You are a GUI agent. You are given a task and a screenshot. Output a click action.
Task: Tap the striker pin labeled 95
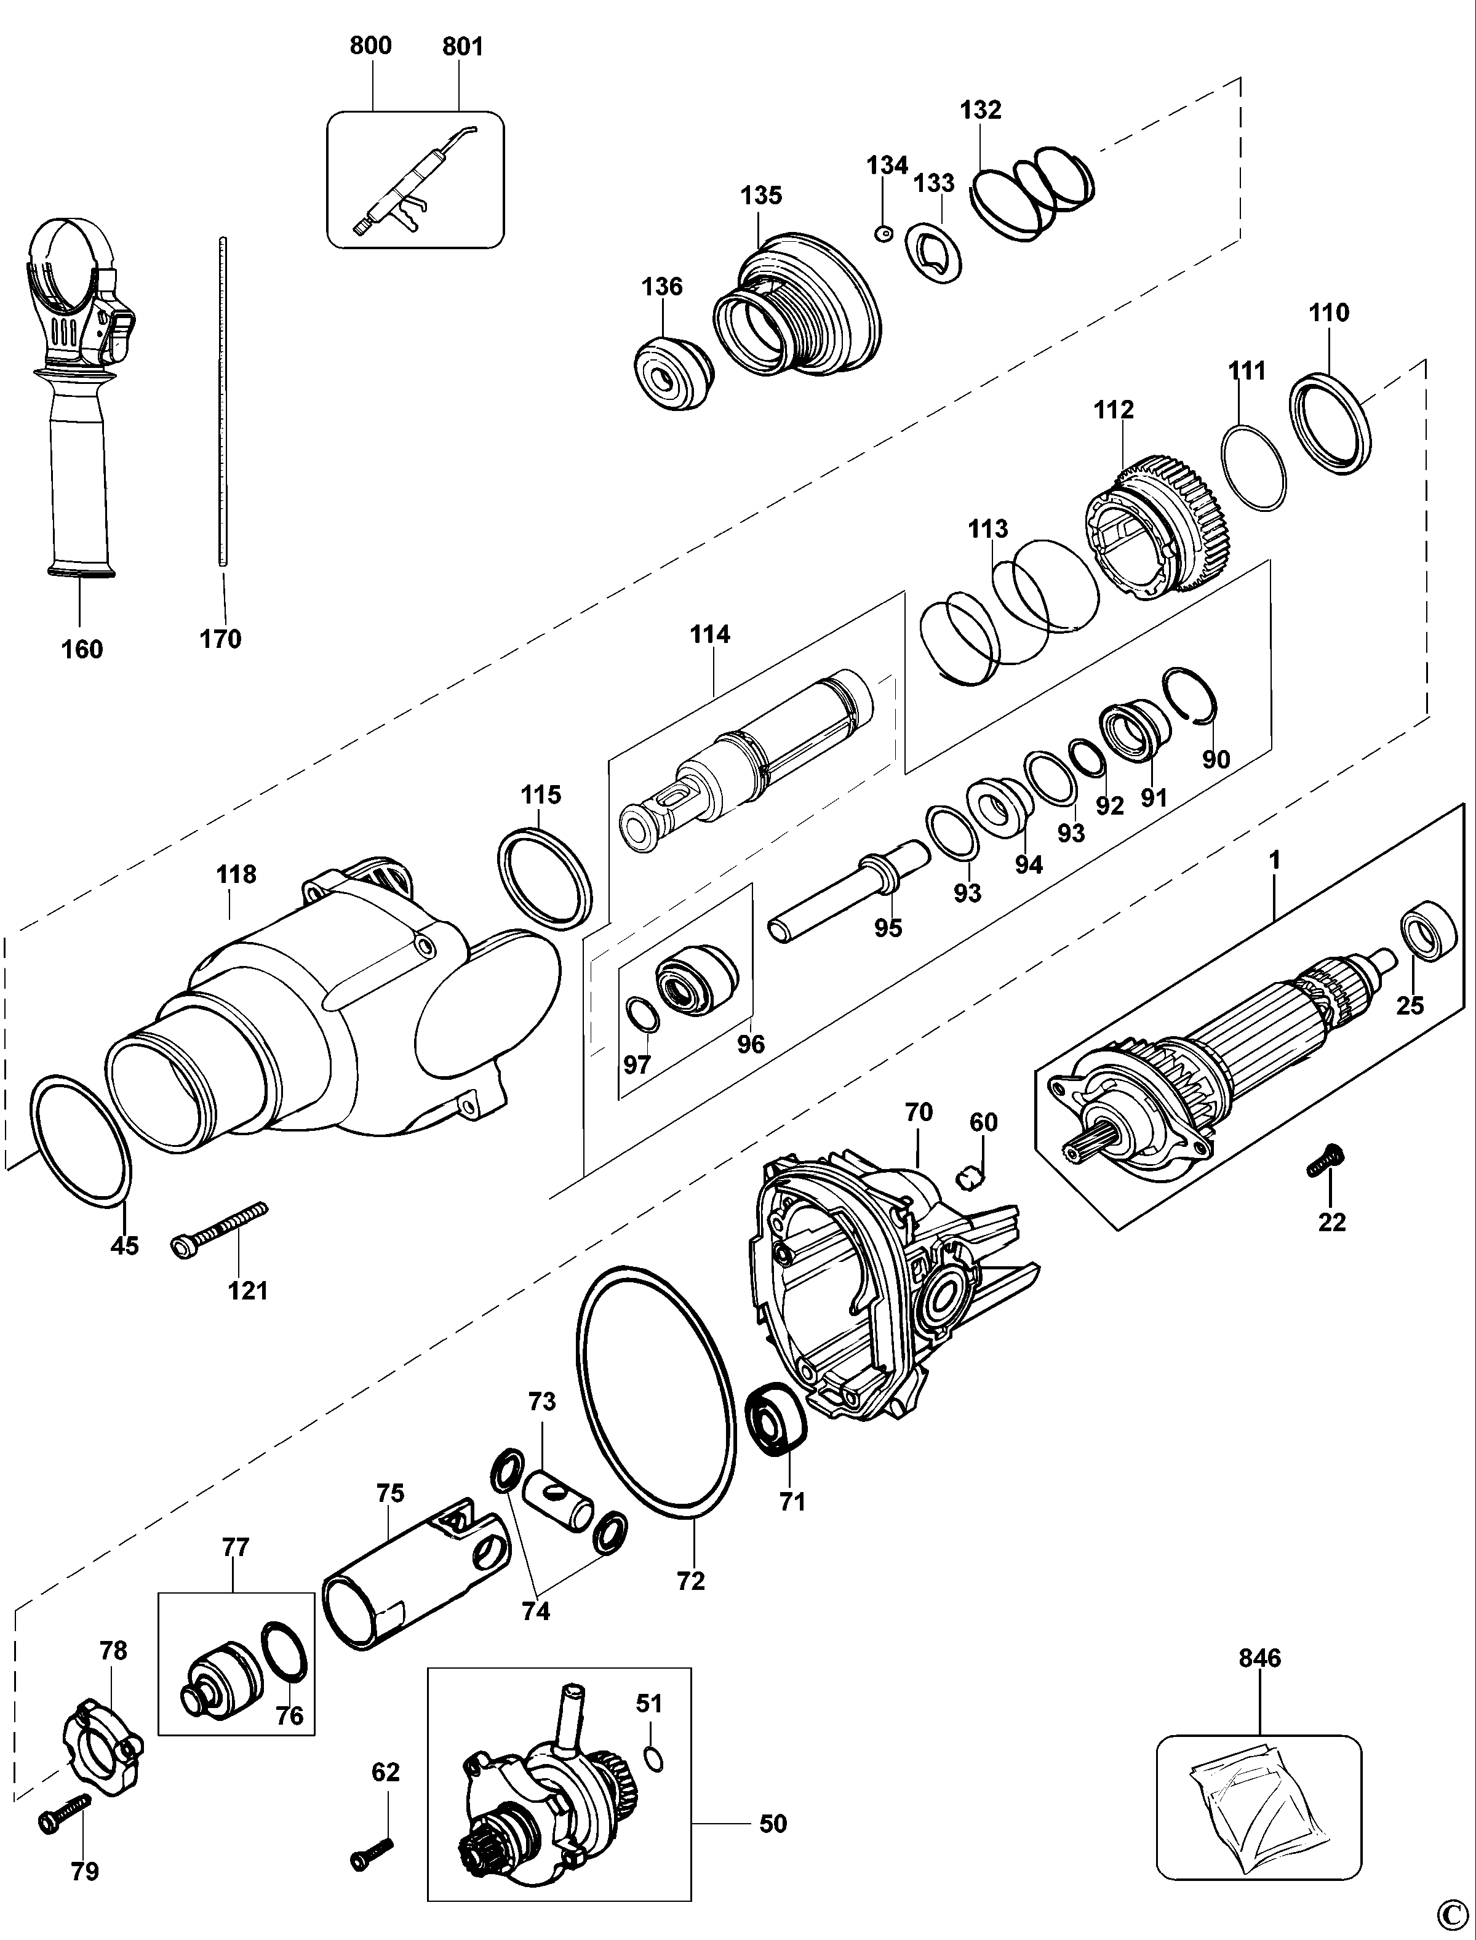pos(848,891)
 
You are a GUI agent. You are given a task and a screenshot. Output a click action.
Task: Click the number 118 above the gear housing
pos(236,874)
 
